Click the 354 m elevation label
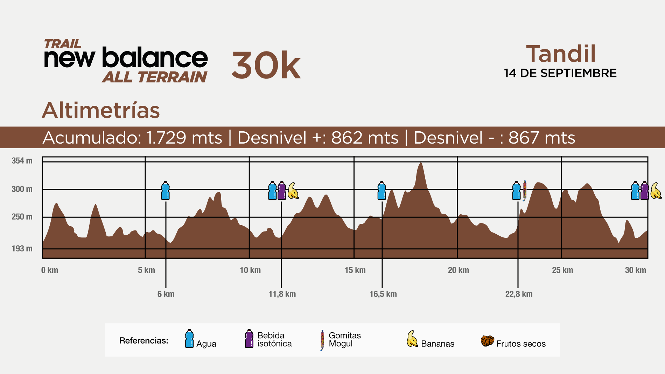click(22, 161)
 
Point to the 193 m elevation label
click(22, 249)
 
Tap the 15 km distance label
click(355, 270)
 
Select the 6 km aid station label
click(166, 294)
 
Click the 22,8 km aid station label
click(519, 294)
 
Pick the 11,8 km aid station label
click(282, 294)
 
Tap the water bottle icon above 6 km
click(166, 191)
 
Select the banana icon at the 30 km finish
click(656, 191)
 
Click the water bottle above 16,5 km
click(382, 191)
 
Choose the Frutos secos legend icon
click(487, 341)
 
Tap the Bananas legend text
click(437, 344)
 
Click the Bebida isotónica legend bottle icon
click(249, 339)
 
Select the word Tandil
click(561, 54)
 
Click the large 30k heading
click(266, 65)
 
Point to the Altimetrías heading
click(101, 110)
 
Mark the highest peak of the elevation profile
click(421, 163)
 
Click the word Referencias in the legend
click(143, 341)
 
